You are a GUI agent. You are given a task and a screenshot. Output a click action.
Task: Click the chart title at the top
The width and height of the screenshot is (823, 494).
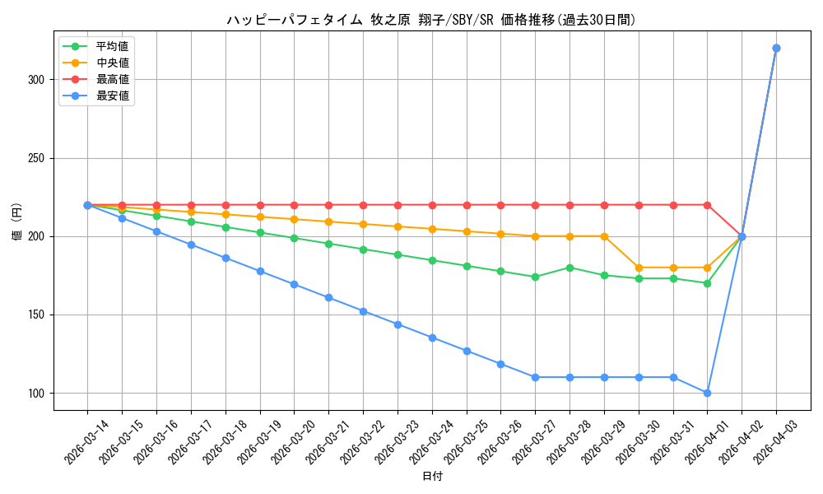tap(431, 20)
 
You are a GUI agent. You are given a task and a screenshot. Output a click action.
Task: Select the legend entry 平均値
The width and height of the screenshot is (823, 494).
tap(112, 46)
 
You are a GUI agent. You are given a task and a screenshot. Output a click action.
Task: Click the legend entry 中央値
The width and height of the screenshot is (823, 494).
tap(112, 63)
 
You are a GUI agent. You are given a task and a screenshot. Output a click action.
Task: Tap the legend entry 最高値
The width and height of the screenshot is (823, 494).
tap(112, 79)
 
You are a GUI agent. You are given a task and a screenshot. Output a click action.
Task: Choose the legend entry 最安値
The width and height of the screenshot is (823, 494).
tap(112, 96)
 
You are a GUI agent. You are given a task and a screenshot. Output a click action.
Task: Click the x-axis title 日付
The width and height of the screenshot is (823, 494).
tap(432, 477)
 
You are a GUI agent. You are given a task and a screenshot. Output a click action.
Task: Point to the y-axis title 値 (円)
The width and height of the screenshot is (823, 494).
tap(16, 221)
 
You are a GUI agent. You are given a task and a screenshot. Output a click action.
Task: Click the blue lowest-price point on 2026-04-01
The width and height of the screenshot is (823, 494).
tap(707, 393)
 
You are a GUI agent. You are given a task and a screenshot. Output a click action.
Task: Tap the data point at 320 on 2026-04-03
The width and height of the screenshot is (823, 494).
tap(776, 49)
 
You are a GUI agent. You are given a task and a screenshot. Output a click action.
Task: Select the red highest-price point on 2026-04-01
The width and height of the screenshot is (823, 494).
tap(707, 205)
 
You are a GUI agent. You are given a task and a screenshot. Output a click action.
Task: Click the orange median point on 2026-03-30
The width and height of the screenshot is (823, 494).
tap(639, 268)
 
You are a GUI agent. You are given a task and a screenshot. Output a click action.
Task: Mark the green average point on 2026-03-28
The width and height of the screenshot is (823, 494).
tap(570, 268)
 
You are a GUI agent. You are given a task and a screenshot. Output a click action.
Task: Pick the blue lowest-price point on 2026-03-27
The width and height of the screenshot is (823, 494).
tap(535, 377)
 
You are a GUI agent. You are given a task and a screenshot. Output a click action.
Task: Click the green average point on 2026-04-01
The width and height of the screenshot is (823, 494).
tap(707, 283)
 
